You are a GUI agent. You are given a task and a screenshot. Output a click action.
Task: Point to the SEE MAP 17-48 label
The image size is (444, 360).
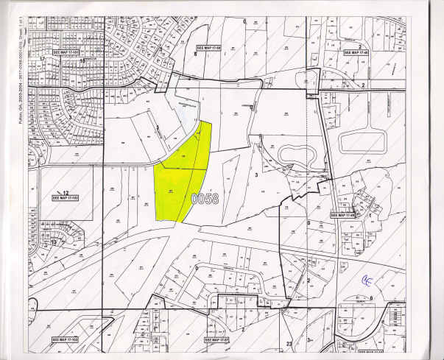click(x=356, y=52)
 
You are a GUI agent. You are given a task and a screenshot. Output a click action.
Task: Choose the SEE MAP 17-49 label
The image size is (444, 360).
click(x=343, y=215)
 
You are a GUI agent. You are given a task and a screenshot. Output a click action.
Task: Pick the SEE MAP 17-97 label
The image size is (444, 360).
click(x=217, y=340)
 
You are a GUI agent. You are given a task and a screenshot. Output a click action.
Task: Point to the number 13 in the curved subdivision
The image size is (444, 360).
click(x=53, y=242)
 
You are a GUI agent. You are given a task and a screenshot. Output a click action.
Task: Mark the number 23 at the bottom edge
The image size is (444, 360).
click(x=289, y=343)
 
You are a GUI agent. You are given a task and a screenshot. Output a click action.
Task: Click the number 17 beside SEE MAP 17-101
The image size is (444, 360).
click(x=43, y=57)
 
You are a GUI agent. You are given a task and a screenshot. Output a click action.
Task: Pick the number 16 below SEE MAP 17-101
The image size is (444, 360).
click(x=82, y=63)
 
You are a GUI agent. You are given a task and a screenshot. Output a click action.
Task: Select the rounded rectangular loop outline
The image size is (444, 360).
click(x=362, y=140)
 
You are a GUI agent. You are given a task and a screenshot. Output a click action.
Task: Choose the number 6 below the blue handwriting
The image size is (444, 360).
click(x=371, y=297)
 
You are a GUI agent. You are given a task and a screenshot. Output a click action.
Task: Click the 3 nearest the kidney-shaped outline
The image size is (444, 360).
click(x=256, y=175)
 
